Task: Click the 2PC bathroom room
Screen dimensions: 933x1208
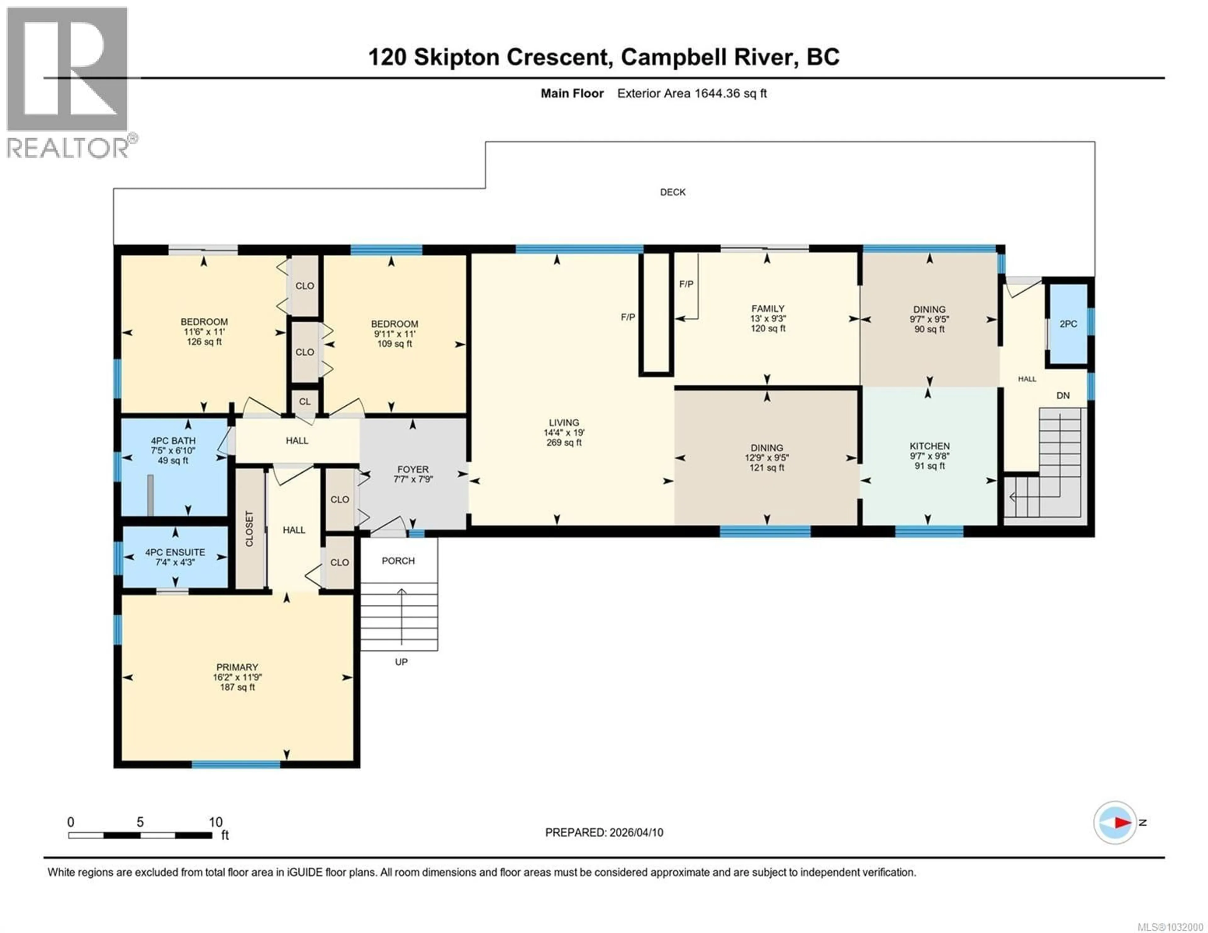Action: pyautogui.click(x=1067, y=324)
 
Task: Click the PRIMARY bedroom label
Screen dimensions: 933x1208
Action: pyautogui.click(x=237, y=667)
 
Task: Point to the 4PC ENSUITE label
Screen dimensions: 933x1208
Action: pyautogui.click(x=175, y=552)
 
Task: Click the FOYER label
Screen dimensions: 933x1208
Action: pyautogui.click(x=413, y=469)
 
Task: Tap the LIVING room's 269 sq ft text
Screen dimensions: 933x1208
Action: pyautogui.click(x=564, y=442)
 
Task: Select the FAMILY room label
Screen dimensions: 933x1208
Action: pyautogui.click(x=767, y=308)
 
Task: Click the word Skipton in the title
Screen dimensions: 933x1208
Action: pyautogui.click(x=457, y=57)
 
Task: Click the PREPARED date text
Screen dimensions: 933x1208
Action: pyautogui.click(x=604, y=832)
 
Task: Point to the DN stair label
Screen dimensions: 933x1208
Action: pyautogui.click(x=1063, y=396)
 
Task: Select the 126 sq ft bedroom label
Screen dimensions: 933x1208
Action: pyautogui.click(x=204, y=342)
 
